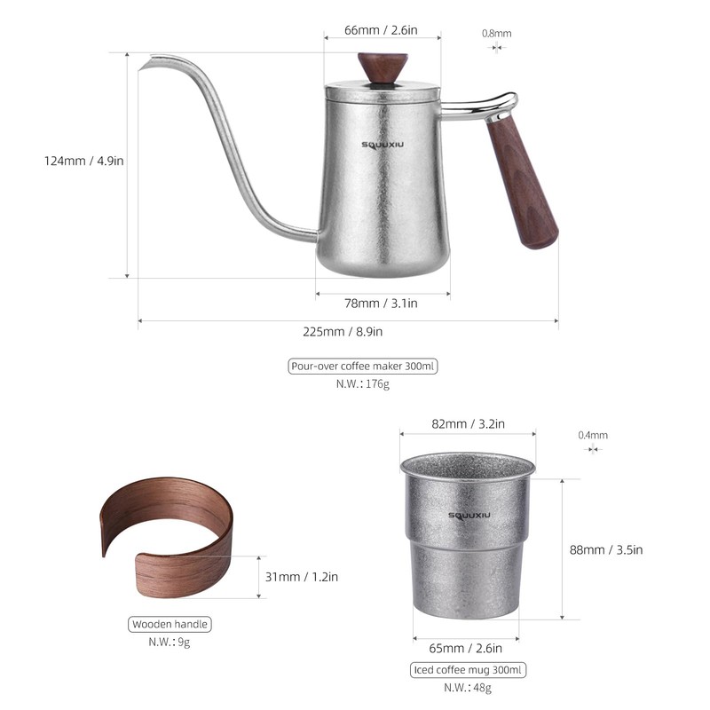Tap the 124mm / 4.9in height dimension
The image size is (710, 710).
click(x=84, y=161)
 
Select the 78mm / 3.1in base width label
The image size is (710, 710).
click(x=381, y=304)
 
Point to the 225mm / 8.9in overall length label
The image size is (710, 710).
click(x=347, y=331)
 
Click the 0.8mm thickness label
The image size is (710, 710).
click(x=497, y=34)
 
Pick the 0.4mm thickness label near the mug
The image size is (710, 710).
click(x=593, y=435)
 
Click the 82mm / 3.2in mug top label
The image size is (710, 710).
click(x=468, y=424)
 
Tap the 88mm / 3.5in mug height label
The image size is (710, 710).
click(x=605, y=549)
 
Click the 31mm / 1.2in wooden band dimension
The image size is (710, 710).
click(x=302, y=577)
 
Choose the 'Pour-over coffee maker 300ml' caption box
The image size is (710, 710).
click(x=364, y=366)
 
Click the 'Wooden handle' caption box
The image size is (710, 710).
click(x=170, y=624)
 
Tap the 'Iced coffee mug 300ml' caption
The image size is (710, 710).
click(x=469, y=670)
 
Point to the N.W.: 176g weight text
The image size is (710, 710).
click(x=363, y=384)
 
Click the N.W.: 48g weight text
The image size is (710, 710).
click(x=468, y=688)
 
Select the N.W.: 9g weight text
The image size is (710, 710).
click(x=170, y=642)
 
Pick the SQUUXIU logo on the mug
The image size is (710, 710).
click(x=468, y=517)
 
